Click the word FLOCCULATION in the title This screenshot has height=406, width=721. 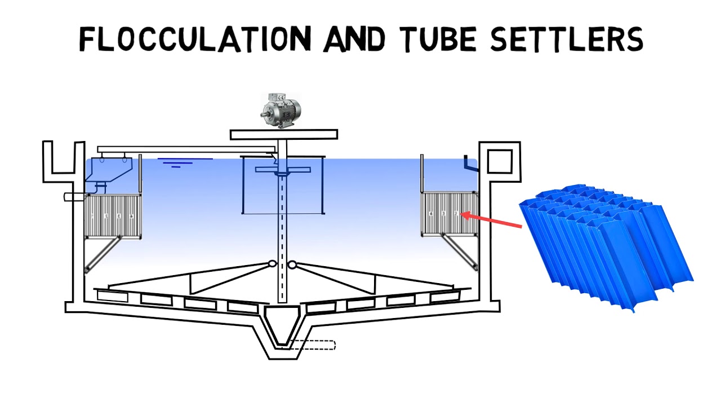[x=195, y=39]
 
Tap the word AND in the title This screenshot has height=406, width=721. [x=354, y=39]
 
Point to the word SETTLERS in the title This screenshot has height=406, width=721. [x=567, y=39]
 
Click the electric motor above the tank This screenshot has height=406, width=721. [x=281, y=111]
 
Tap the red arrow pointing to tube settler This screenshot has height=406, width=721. [x=491, y=220]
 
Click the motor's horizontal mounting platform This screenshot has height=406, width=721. [x=284, y=134]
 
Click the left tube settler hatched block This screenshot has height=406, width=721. [x=113, y=216]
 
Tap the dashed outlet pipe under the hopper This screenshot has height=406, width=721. [x=313, y=345]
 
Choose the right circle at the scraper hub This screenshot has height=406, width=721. [x=292, y=264]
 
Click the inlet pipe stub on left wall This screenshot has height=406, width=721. [x=74, y=197]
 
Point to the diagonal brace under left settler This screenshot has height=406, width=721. [x=103, y=254]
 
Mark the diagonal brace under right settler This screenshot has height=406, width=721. [x=460, y=252]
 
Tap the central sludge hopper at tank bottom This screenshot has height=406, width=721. [x=283, y=332]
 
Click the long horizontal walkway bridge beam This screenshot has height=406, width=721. [x=186, y=149]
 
